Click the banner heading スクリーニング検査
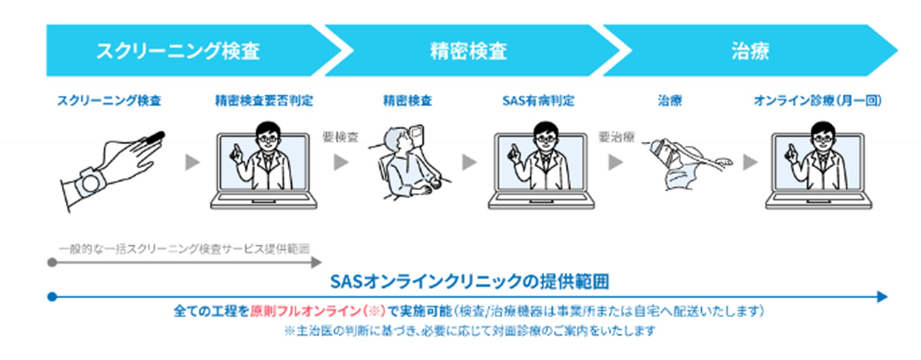coord(178,51)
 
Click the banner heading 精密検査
coord(469,51)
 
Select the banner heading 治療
coord(750,51)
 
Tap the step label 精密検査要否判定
coord(264,100)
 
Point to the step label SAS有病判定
coord(538,100)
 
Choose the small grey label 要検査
coord(341,137)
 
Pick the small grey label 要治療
coord(617,137)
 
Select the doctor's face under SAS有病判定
coord(546,137)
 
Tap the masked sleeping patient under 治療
coord(680,163)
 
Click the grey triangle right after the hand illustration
coord(192,162)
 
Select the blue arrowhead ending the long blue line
coord(882,297)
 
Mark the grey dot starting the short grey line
coord(52,262)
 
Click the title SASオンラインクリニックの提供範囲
coord(469,281)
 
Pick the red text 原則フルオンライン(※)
coord(318,311)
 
